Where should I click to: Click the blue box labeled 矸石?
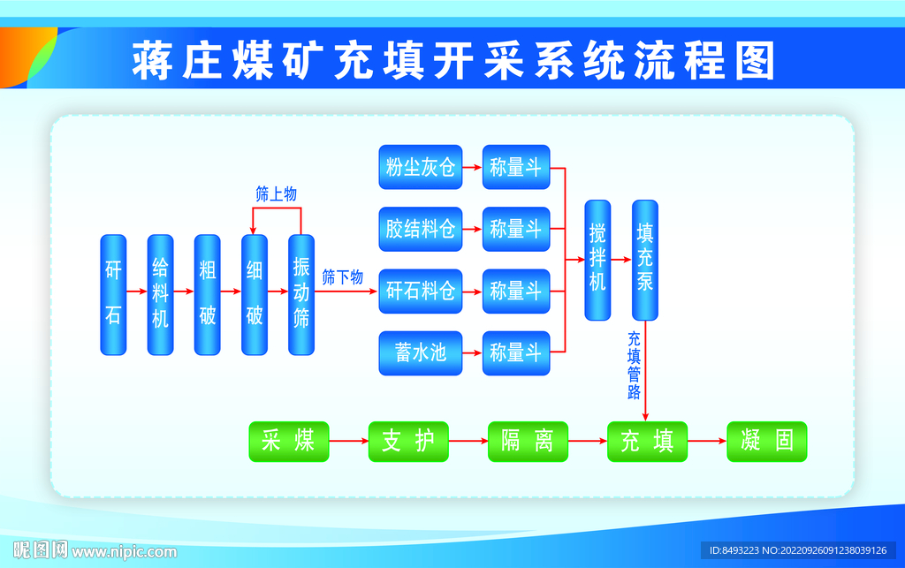pos(113,294)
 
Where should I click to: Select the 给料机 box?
pos(160,294)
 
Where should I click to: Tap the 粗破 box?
pos(207,294)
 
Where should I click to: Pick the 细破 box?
pos(255,294)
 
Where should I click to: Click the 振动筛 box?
pos(301,294)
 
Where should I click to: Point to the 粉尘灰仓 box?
pos(421,167)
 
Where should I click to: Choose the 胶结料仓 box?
pos(421,229)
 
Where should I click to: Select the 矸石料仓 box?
pos(421,291)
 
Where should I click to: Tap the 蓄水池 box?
pos(421,352)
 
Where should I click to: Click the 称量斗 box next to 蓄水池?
pos(516,352)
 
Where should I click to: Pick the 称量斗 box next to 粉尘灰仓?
pos(516,167)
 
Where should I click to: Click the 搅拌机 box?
pos(597,260)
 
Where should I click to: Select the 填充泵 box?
pos(645,260)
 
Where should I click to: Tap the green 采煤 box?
pos(289,441)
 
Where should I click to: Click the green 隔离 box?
pos(528,441)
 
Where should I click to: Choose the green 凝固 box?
pos(766,441)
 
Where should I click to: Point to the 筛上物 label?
pos(276,194)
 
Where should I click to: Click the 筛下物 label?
pos(342,277)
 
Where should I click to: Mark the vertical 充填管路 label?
pos(634,366)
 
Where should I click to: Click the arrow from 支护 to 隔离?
pos(468,441)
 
